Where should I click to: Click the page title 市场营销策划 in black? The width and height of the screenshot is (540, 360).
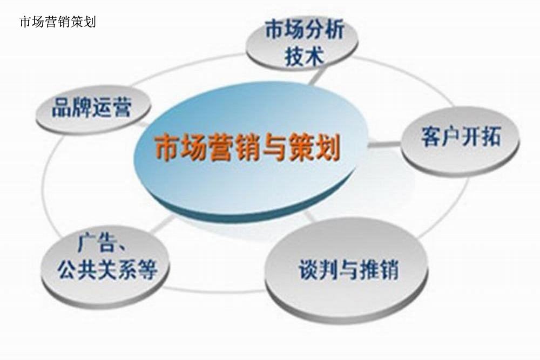pos(58,22)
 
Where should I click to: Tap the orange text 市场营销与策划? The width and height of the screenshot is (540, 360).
pos(248,148)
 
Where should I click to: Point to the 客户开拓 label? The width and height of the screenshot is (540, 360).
pos(461,137)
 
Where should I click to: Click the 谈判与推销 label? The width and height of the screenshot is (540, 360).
pos(348,269)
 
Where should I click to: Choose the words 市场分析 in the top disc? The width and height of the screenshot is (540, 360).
pos(305,30)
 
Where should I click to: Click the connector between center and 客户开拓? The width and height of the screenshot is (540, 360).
pos(384,144)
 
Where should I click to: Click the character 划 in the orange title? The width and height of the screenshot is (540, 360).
pos(328,148)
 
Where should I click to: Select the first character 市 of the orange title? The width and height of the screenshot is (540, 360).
pos(167,148)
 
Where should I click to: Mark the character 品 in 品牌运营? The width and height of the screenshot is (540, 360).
pos(62,107)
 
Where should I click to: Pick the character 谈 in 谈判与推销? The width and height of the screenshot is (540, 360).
pos(308,269)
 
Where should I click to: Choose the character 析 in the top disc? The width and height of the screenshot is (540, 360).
pos(335,30)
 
